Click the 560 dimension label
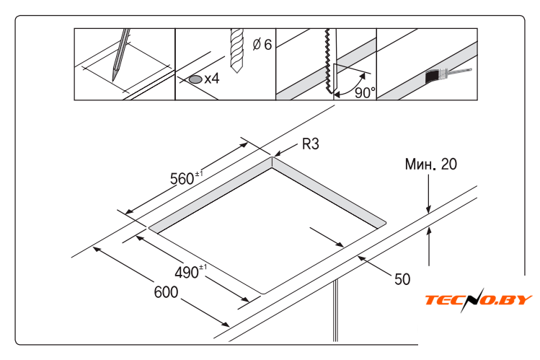point(186,178)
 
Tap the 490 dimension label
point(191,271)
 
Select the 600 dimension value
point(166,292)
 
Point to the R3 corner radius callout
point(310,144)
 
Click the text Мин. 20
point(431,164)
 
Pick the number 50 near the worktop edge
point(402,279)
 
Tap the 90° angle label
point(365,92)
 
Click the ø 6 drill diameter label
point(262,45)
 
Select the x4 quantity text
point(212,79)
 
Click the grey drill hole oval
point(195,79)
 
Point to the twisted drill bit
point(237,51)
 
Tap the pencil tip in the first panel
point(113,79)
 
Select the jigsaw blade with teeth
point(329,61)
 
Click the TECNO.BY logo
point(479,299)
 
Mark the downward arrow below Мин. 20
point(428,194)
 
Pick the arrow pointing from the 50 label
point(374,265)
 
